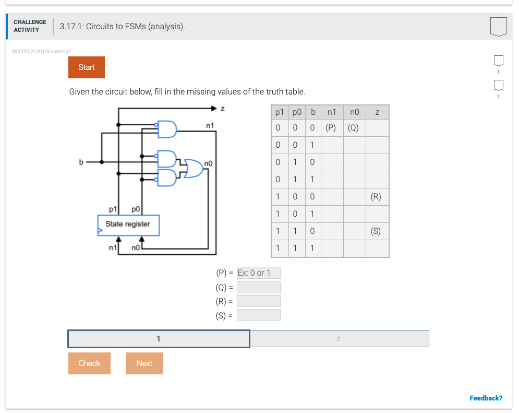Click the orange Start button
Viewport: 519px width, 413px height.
[x=86, y=67]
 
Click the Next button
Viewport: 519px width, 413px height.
[x=144, y=363]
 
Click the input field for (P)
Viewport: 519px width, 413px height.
[x=258, y=273]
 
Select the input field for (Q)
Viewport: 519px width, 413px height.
[x=258, y=287]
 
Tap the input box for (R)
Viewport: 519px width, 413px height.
[x=258, y=301]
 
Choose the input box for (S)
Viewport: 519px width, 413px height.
[x=258, y=315]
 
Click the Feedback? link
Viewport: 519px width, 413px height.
[x=486, y=398]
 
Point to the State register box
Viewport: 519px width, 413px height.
[x=128, y=225]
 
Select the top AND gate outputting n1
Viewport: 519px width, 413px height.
[x=167, y=128]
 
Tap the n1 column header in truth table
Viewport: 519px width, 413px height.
[x=332, y=112]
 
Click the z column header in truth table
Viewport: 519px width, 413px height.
[x=377, y=112]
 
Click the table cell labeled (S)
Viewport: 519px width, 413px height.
[x=376, y=231]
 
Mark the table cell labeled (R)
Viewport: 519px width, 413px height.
[x=376, y=197]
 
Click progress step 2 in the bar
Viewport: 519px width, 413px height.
[x=339, y=339]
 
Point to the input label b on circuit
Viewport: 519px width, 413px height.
[x=81, y=162]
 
